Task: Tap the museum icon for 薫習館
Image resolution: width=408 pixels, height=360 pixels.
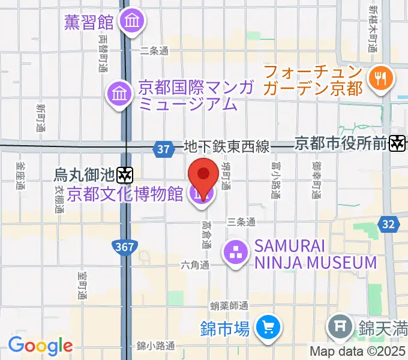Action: tap(130, 22)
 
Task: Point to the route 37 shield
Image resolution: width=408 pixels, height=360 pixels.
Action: tap(163, 148)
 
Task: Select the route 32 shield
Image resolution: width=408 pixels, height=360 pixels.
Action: tap(388, 224)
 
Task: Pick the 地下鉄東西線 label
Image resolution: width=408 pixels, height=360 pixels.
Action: tap(226, 146)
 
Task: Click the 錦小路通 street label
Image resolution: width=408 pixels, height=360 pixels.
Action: tap(155, 346)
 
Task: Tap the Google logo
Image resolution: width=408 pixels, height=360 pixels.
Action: tap(40, 346)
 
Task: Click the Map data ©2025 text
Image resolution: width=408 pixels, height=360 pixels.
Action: tap(358, 352)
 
